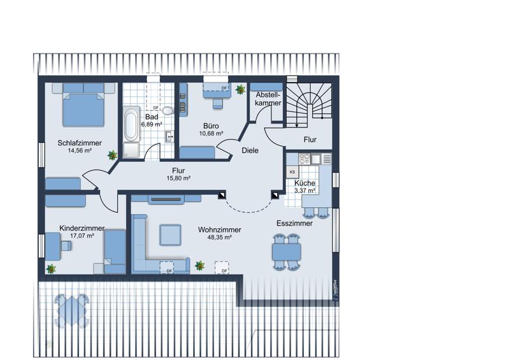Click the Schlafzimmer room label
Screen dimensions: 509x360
click(80, 143)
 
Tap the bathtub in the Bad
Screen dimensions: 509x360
click(131, 124)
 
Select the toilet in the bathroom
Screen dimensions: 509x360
click(168, 111)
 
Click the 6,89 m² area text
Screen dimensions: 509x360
click(152, 124)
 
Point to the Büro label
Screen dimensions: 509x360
click(211, 126)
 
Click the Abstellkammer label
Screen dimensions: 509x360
click(268, 99)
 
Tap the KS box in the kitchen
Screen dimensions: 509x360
click(292, 172)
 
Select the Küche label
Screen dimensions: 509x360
click(305, 183)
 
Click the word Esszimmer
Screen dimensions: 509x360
click(294, 224)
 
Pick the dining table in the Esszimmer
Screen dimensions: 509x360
click(286, 252)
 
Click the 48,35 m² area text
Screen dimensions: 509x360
click(219, 237)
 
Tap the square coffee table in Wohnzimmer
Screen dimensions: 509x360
click(170, 234)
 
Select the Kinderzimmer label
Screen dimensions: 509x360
click(82, 228)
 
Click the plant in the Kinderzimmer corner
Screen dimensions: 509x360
click(51, 269)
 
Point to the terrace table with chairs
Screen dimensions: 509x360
click(72, 310)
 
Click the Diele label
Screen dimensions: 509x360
click(250, 150)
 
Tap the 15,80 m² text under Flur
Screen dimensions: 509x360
click(178, 178)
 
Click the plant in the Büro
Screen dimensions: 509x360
click(241, 89)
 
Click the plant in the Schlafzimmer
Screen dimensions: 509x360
click(112, 155)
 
